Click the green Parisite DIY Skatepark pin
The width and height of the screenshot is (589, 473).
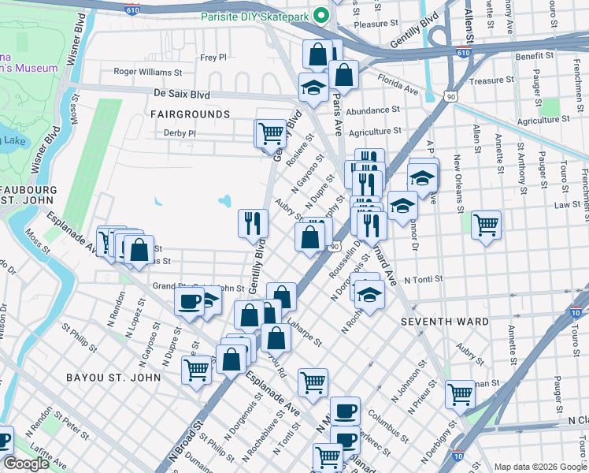[320, 16]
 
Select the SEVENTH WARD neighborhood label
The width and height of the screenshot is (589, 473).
[444, 322]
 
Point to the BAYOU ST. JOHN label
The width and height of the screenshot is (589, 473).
[114, 378]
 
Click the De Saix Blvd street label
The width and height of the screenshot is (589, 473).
[182, 94]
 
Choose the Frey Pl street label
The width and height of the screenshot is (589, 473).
[213, 58]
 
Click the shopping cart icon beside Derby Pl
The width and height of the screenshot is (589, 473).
[270, 132]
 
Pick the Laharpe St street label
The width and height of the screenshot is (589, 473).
[304, 331]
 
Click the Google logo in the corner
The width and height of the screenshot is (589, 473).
[27, 464]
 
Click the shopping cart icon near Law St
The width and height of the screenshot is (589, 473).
[486, 225]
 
